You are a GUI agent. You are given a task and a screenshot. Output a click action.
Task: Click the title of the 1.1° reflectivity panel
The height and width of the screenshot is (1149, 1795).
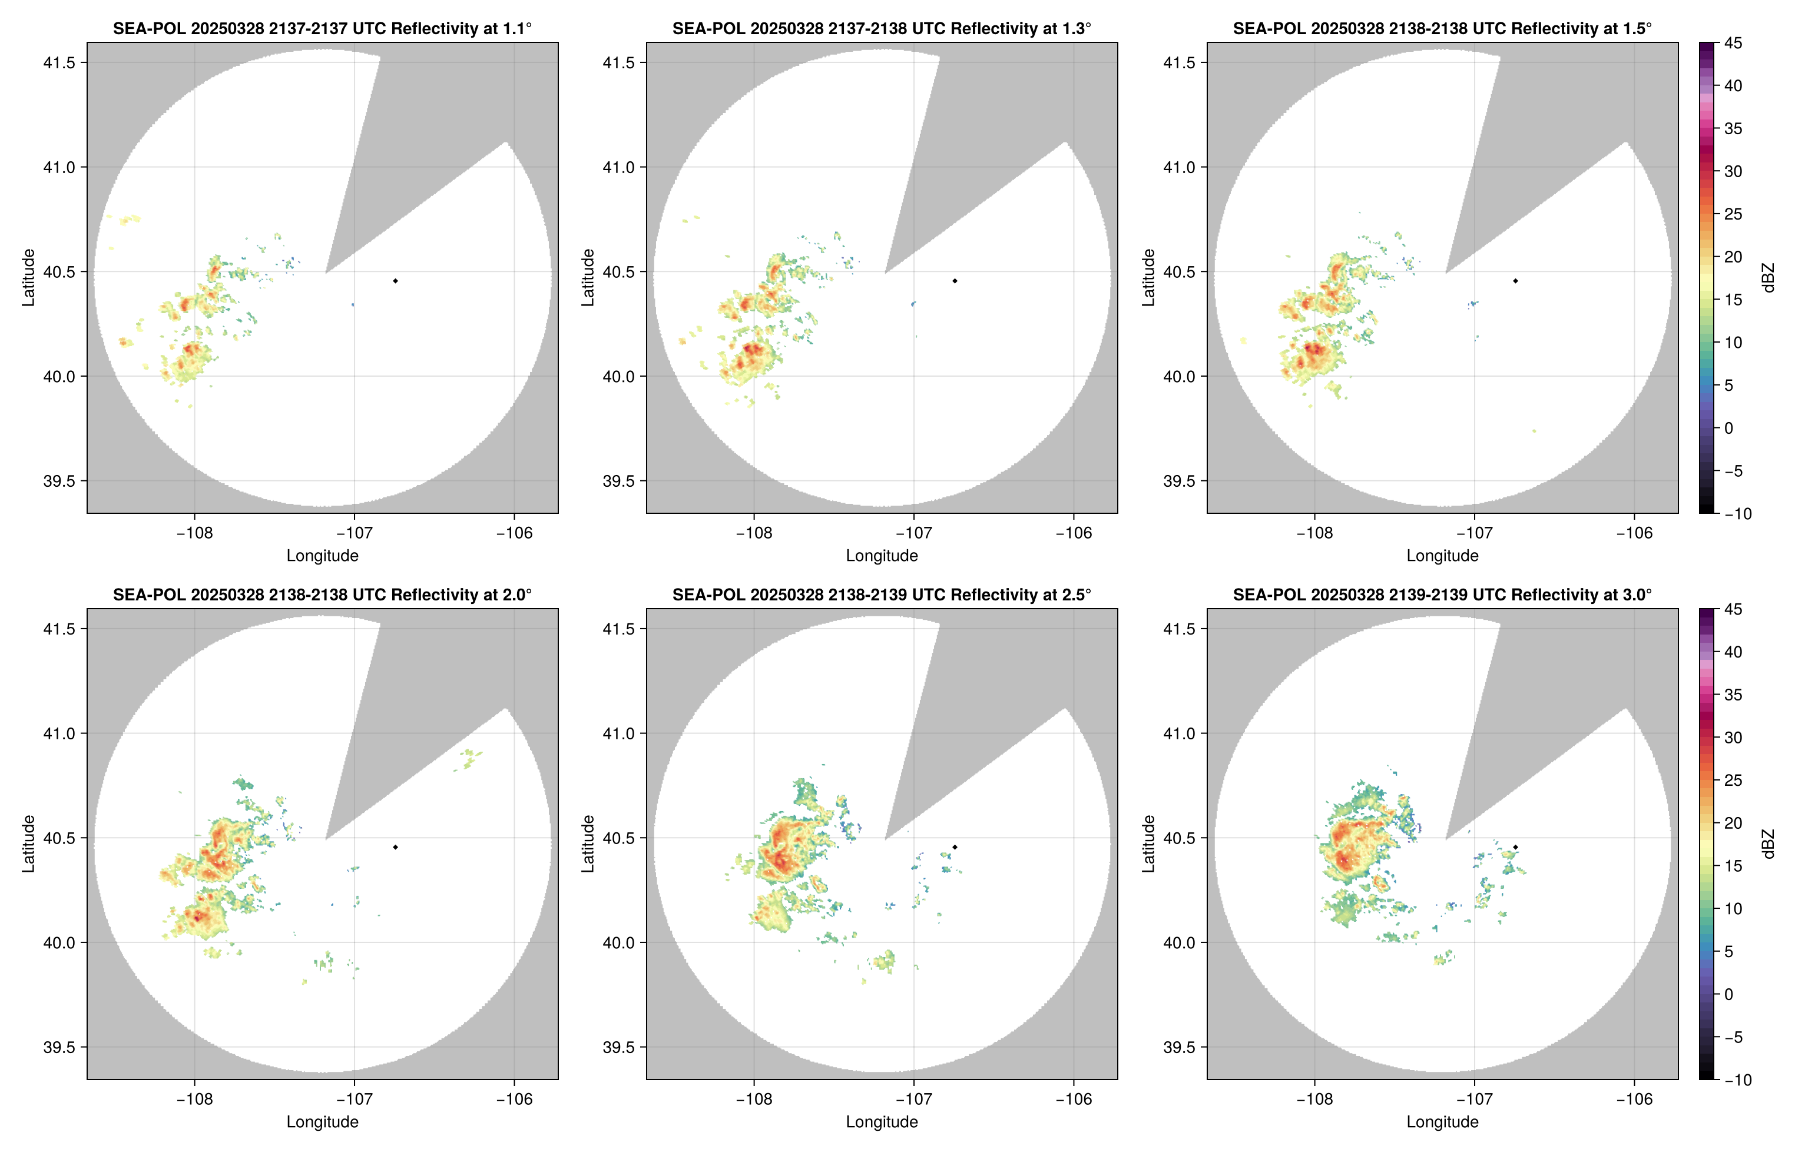coord(322,29)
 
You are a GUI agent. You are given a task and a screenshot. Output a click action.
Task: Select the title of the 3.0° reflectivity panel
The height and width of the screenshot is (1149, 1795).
coord(1442,595)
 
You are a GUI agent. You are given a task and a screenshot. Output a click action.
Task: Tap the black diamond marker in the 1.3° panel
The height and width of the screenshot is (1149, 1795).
coord(955,281)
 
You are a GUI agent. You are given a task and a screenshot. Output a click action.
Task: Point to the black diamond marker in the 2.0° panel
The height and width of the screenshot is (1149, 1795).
coord(395,847)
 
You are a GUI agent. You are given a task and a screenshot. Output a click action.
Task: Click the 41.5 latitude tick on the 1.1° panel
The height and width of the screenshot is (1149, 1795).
coord(59,62)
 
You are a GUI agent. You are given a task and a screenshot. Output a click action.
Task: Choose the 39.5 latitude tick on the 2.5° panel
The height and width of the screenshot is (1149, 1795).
coord(619,1047)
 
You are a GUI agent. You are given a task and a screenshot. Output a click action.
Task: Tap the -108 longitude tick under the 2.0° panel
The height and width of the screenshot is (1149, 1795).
coord(194,1099)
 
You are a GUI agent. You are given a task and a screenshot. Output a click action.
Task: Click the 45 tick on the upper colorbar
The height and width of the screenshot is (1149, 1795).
coord(1733,44)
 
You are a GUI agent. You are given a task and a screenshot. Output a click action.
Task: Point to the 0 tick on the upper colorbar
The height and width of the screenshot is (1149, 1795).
coord(1728,429)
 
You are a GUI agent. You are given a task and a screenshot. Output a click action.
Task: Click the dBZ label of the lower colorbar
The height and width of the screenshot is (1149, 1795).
coord(1767,844)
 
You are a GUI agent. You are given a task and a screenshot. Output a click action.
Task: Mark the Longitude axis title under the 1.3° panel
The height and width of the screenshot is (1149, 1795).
coord(882,556)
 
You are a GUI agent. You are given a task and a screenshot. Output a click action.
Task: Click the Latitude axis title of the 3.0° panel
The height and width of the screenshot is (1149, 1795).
coord(1148,844)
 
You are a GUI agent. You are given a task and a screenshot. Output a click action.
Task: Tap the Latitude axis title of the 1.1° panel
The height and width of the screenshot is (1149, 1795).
coord(28,278)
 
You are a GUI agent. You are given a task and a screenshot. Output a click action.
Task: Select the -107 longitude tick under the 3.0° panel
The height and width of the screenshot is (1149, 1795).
coord(1474,1099)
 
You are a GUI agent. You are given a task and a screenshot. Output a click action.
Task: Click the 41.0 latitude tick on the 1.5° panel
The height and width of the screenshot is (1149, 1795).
coord(1179,167)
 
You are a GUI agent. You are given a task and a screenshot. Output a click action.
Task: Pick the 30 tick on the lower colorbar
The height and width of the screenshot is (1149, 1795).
coord(1733,737)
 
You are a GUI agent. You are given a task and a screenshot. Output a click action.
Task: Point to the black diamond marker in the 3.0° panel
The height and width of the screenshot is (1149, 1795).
coord(1515,847)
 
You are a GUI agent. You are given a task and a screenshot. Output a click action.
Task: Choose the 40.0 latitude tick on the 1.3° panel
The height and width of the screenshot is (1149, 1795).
coord(619,376)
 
